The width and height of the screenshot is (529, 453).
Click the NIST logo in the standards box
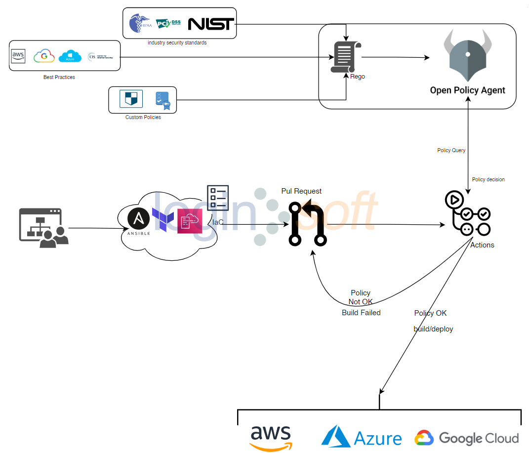(211, 23)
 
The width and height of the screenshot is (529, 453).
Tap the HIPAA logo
(140, 23)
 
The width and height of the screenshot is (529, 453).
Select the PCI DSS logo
(168, 23)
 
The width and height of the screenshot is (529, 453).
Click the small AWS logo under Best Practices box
(18, 56)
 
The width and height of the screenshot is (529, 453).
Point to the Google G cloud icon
(44, 56)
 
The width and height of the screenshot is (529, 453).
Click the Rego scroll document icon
(346, 58)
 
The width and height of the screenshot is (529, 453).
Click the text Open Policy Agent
(467, 90)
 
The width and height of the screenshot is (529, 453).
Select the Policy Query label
(451, 150)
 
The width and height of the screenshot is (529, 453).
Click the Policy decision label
(488, 179)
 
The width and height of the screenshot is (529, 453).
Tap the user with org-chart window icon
(43, 227)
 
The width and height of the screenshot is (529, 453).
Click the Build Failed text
(361, 313)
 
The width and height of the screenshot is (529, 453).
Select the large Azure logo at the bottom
(361, 437)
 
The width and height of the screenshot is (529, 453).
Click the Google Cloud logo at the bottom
(466, 438)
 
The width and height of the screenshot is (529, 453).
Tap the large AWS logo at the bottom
(271, 437)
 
